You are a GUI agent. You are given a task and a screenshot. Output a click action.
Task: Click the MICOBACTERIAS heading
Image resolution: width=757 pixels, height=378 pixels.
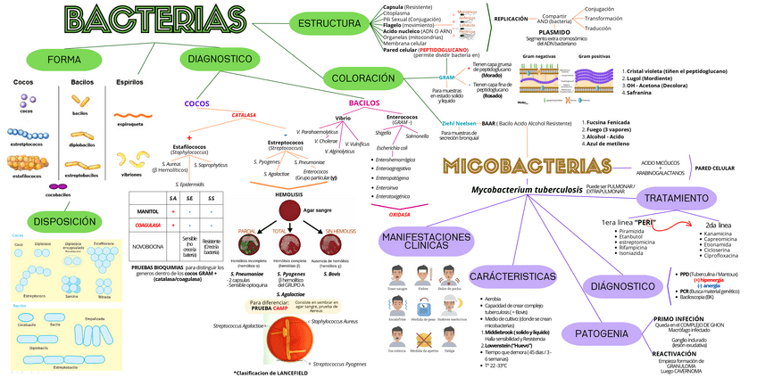pyautogui.click(x=535, y=166)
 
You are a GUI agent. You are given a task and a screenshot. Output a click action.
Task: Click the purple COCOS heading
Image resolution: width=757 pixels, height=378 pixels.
pyautogui.click(x=196, y=103)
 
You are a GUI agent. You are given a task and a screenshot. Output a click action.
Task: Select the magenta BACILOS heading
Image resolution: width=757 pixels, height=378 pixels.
pyautogui.click(x=364, y=103)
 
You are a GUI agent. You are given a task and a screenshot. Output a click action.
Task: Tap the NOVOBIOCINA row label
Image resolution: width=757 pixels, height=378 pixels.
pyautogui.click(x=150, y=242)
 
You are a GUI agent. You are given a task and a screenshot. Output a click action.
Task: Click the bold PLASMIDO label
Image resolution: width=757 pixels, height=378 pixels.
pyautogui.click(x=568, y=32)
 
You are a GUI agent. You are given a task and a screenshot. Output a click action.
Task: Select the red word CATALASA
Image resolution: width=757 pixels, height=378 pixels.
pyautogui.click(x=244, y=115)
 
